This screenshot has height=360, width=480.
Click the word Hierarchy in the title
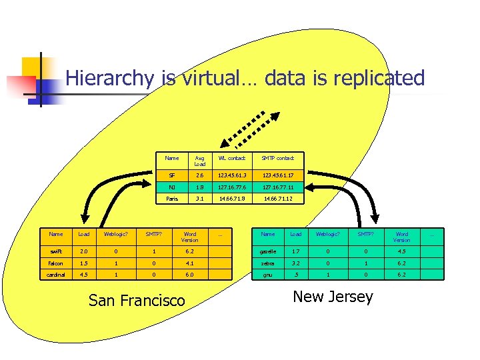click(x=109, y=79)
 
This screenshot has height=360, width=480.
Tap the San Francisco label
click(x=137, y=301)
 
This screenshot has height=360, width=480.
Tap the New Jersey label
click(x=333, y=297)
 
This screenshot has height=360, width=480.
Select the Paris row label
click(x=172, y=199)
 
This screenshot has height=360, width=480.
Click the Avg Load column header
click(x=200, y=161)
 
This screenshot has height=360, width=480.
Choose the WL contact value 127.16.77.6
click(x=231, y=187)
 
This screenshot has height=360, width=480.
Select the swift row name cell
click(x=56, y=252)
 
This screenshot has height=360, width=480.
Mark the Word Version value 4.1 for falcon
click(x=190, y=263)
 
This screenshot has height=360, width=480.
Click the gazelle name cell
click(x=268, y=252)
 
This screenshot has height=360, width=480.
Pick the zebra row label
click(x=268, y=263)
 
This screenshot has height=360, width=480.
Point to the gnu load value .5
click(x=296, y=273)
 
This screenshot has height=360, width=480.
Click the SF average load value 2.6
click(x=200, y=175)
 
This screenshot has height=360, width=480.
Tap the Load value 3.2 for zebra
click(x=296, y=263)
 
